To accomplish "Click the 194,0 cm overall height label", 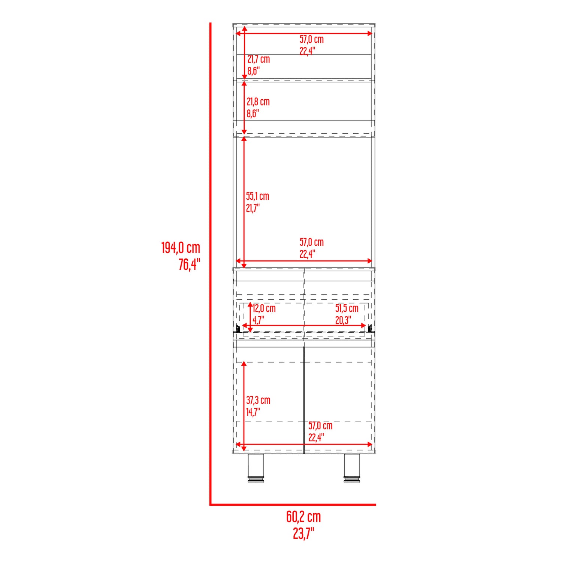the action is pos(181,248).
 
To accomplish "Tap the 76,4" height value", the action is pos(189,265).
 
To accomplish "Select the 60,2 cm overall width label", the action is pos(303,517).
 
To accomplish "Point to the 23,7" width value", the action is pos(303,533).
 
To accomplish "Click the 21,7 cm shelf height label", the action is pos(259,59).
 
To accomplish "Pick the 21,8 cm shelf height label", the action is pos(258,102).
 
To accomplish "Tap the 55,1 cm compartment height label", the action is pos(257,196).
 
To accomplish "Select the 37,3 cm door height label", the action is pos(258,400).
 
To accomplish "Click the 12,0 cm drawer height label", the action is pos(264,308).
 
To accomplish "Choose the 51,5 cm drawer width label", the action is pos(347,308).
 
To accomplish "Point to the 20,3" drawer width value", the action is pos(343,320).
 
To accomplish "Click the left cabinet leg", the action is pos(256,468).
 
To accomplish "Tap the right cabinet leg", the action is pos(352,468).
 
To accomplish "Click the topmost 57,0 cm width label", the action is pos(311,39).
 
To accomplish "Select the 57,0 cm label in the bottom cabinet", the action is pos(320,426).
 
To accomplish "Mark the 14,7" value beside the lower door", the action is pos(253,412).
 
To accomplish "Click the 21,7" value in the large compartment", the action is pos(253,208).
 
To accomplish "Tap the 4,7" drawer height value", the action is pos(258,320).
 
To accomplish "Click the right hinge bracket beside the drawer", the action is pos(370,329).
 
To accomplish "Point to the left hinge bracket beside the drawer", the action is pos(238,329).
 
